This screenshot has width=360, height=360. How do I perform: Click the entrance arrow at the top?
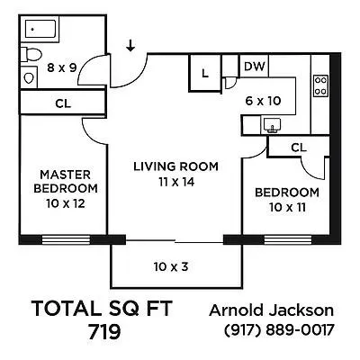[x=131, y=44]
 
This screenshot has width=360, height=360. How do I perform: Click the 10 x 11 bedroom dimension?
[x=285, y=208]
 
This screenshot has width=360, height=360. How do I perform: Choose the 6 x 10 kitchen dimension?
[x=265, y=102]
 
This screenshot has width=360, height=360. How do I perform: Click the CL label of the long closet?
[x=62, y=103]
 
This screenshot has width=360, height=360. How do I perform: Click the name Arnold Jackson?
[x=272, y=310]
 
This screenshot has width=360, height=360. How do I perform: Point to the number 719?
[x=103, y=332]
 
